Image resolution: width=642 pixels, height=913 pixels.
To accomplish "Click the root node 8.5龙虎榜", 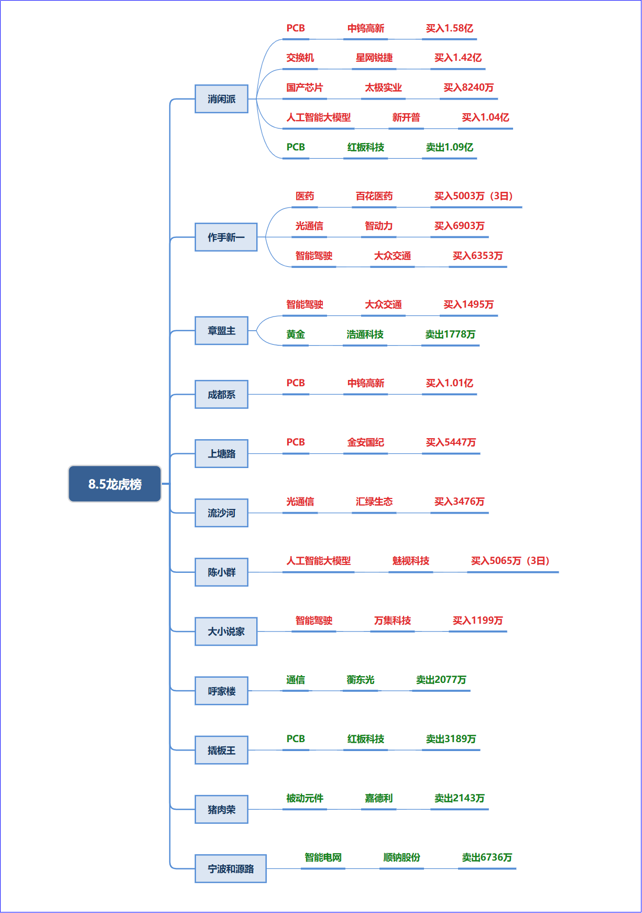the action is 115,484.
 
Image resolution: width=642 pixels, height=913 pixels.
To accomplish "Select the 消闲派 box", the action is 221,99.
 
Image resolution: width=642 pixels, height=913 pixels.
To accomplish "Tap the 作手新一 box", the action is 226,237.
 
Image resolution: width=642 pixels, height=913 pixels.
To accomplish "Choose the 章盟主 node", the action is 221,330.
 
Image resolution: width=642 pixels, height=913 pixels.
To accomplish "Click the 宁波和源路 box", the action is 231,868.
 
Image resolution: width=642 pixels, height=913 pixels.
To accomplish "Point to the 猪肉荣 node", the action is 221,809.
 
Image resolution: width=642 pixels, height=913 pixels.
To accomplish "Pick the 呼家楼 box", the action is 221,691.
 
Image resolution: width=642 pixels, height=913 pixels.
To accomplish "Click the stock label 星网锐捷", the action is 374,58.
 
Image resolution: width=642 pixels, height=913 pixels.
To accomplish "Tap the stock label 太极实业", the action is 383,88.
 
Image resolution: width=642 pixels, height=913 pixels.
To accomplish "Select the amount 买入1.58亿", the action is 449,28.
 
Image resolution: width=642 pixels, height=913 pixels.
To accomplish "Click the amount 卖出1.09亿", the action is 449,147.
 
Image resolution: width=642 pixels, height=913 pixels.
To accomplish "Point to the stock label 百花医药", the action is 374,196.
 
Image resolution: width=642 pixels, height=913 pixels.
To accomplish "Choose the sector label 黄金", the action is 296,334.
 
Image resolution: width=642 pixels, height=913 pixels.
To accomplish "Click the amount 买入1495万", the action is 469,305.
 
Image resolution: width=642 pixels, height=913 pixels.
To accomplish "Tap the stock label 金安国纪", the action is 365,442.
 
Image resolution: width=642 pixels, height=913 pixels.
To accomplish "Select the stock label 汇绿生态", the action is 374,502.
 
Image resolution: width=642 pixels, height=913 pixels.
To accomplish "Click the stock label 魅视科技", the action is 410,561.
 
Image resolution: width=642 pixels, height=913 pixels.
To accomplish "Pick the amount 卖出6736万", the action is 487,857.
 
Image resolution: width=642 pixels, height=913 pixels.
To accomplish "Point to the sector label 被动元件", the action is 304,798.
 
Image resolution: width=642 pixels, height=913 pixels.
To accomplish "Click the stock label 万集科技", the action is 392,621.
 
